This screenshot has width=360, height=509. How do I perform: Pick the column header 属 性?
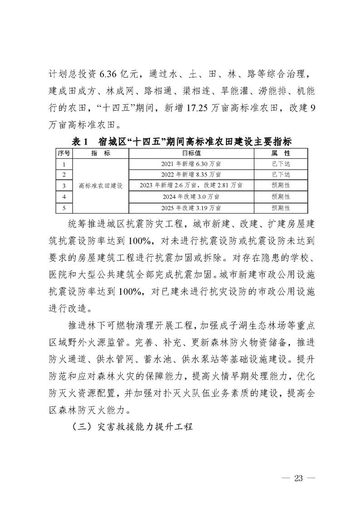(281, 153)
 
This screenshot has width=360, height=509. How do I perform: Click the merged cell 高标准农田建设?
(101, 186)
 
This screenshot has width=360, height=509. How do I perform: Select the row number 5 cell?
(64, 208)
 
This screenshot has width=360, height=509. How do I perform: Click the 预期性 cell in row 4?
(281, 197)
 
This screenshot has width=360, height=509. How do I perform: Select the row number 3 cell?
(64, 186)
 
